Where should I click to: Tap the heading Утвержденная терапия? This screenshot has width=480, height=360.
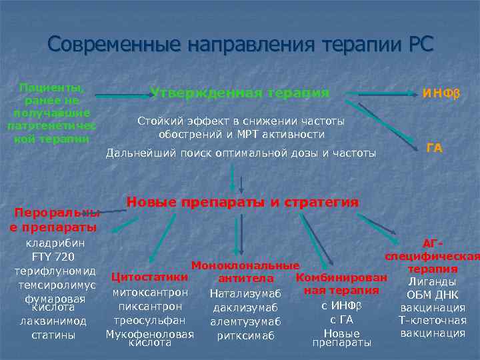coord(240,93)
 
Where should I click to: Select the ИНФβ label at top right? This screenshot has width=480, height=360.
coord(441,94)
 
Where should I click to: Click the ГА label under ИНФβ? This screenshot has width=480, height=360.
coord(434,148)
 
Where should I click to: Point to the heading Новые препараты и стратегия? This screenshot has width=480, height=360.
coord(243,202)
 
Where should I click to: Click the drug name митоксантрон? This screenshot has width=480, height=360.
coord(151,292)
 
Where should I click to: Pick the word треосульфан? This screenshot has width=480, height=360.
coord(151,321)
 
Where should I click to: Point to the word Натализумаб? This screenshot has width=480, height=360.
coord(245,293)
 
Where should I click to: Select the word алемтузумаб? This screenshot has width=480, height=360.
coord(246,322)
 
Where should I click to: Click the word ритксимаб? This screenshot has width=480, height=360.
coord(245,336)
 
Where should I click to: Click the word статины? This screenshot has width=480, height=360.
coord(53,335)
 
